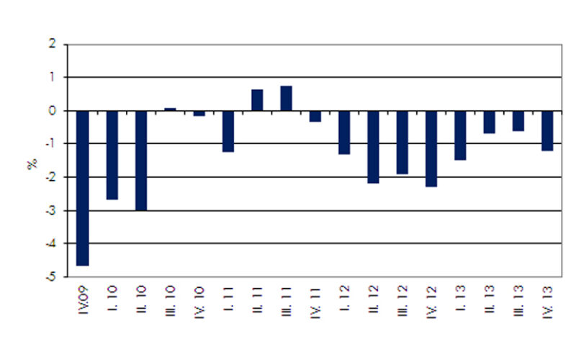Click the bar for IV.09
coord(83,188)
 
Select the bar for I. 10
coord(112,155)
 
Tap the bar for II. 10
coord(141,161)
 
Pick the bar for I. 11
coord(228,131)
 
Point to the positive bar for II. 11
coord(257,100)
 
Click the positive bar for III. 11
coord(286,99)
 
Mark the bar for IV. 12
coord(431,148)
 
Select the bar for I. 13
coord(460,135)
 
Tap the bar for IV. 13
coord(547,130)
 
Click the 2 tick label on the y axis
coord(52,45)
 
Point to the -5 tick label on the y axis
coord(50,277)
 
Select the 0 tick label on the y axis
coord(52,111)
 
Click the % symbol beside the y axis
coord(32,164)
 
